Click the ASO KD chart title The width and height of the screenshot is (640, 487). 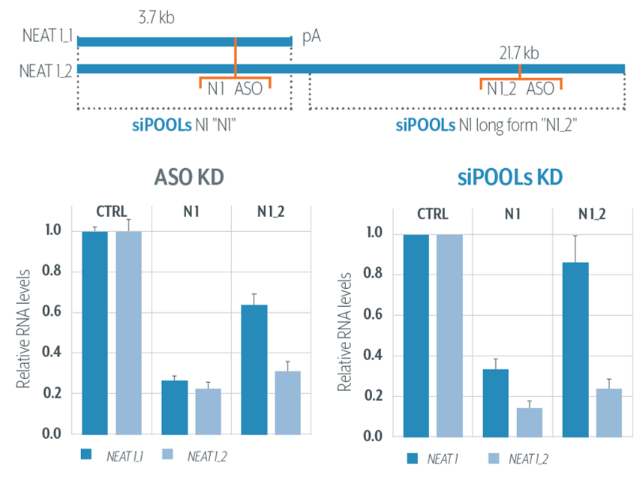coord(189,177)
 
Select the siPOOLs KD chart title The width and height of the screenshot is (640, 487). coord(509,177)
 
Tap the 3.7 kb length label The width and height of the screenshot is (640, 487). coord(156,17)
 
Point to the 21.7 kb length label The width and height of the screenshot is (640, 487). coord(519,53)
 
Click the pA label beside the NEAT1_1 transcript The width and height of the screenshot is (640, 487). coord(311,37)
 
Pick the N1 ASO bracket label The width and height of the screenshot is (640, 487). coord(235,89)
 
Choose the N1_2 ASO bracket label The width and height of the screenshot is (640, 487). coord(521,89)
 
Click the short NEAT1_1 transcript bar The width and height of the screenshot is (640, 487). coord(185,41)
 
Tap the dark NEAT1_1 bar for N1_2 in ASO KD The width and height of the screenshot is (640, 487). coord(254,370)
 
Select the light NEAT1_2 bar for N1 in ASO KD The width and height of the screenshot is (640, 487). coord(208,411)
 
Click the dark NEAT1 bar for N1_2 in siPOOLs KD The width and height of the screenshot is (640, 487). coord(575,350)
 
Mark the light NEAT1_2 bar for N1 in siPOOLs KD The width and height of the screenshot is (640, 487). coord(530,422)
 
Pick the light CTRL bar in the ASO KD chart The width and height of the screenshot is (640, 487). coord(128,333)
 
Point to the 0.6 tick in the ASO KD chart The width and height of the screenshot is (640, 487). coord(52,311)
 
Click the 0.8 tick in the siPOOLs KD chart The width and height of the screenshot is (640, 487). coord(373,273)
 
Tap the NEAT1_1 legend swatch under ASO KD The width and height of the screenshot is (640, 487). coord(86,454)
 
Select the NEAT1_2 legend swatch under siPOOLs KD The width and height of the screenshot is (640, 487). coord(494,458)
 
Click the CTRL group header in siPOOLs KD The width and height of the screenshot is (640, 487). coord(433,214)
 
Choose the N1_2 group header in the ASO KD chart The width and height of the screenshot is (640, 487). coord(271,212)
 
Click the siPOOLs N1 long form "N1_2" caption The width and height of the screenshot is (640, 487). coord(486,125)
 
